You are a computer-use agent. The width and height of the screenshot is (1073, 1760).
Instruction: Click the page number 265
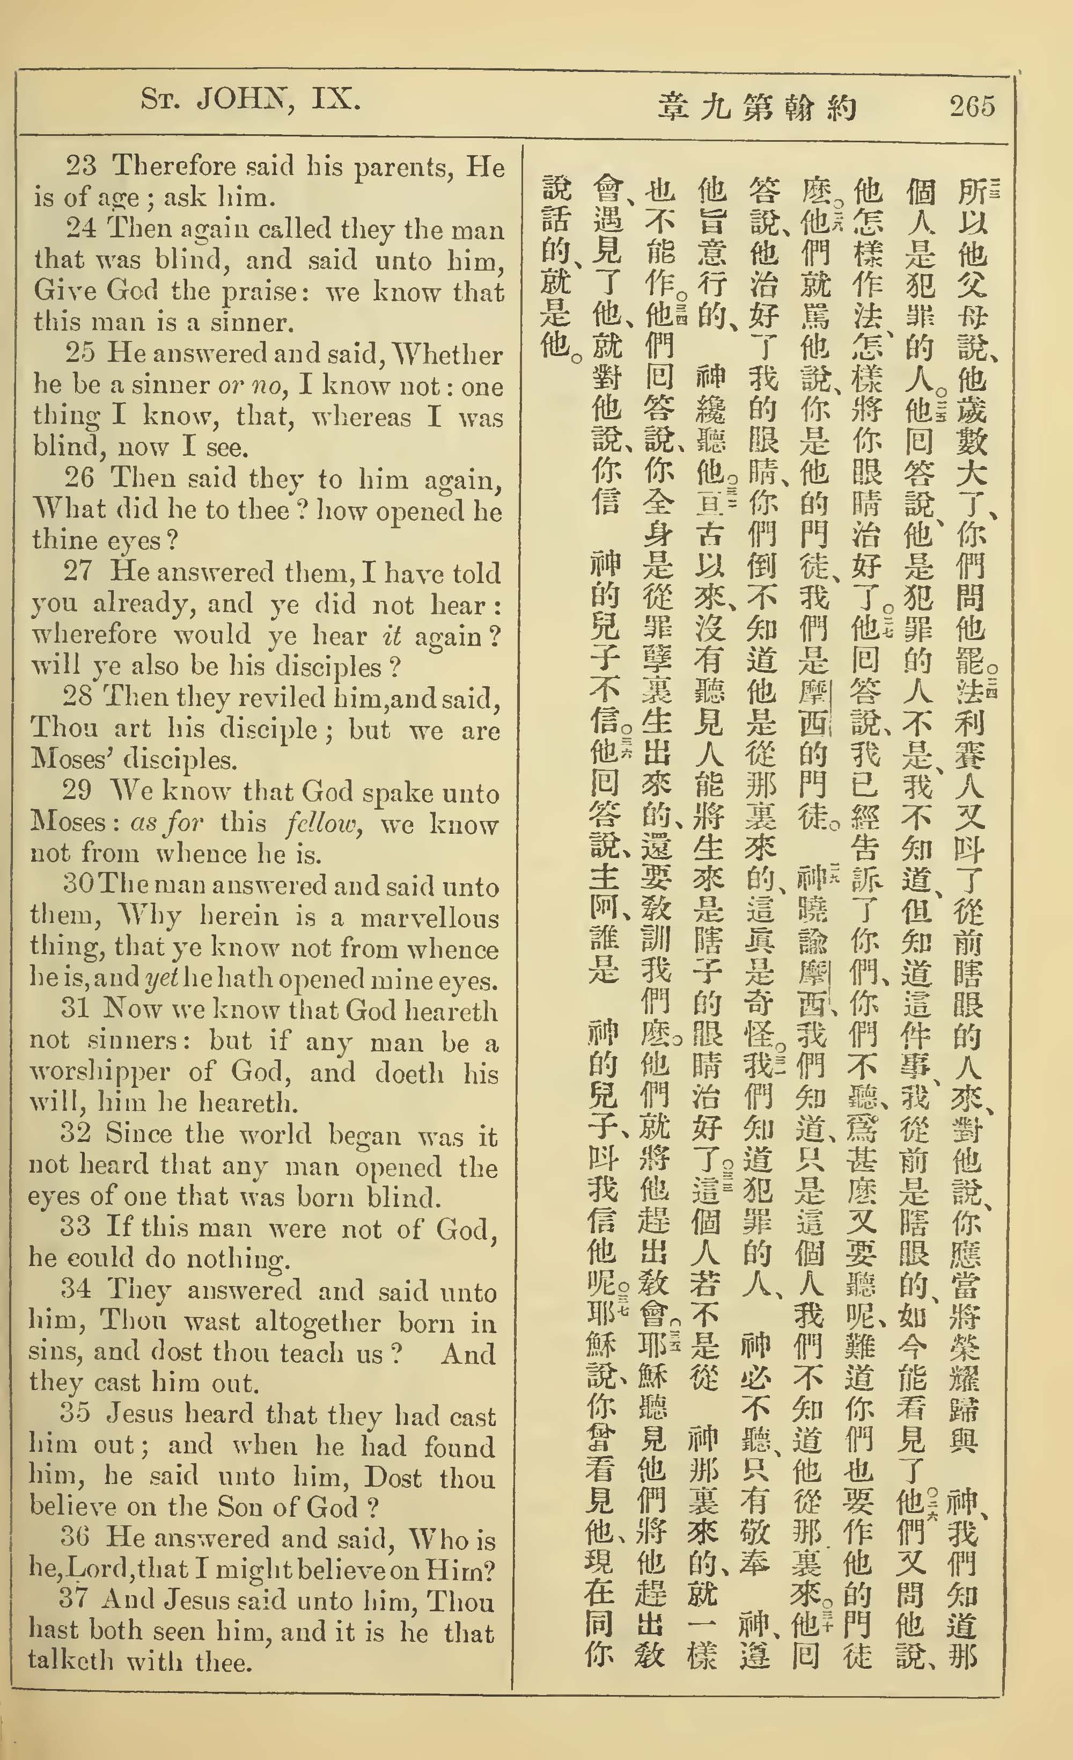(x=972, y=106)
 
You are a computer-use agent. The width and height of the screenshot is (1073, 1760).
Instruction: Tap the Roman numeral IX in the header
(x=335, y=99)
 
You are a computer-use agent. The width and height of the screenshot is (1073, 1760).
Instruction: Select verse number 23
(x=80, y=166)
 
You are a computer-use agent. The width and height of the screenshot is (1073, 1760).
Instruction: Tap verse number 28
(x=77, y=696)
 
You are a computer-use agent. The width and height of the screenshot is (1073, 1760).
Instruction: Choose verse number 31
(x=75, y=1008)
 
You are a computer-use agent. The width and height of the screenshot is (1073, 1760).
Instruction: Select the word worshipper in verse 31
(x=99, y=1072)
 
